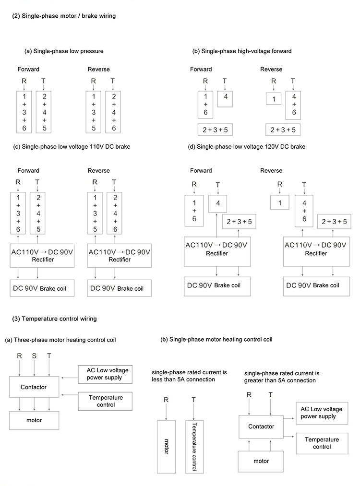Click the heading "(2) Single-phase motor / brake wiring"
tap(63, 16)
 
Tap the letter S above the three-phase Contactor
tap(34, 356)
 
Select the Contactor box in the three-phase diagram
tap(34, 386)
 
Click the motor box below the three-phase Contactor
tap(34, 420)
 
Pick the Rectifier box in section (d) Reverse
tap(312, 249)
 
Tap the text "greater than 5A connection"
tap(280, 380)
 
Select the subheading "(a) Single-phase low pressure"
tap(64, 51)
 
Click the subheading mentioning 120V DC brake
tap(247, 147)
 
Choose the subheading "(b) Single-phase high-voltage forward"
tap(242, 51)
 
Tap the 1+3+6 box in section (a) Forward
tap(24, 111)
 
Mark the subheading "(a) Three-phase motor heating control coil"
tap(60, 340)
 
